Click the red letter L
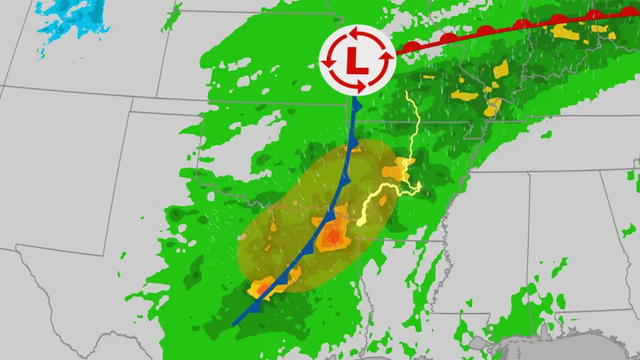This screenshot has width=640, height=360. pos(358,60)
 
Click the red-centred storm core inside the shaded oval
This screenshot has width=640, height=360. pos(333,236)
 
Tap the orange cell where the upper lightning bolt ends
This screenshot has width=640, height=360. pos(402,169)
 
